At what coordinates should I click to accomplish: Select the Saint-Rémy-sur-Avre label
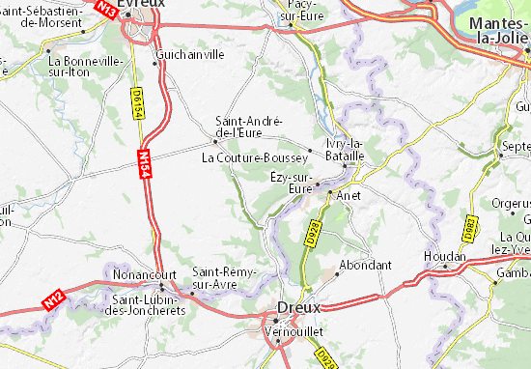point(225,278)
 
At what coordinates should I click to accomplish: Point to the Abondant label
point(367,265)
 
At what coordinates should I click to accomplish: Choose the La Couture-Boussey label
point(255,156)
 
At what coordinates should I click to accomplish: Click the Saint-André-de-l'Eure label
point(248,126)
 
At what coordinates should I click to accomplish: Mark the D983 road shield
point(470,227)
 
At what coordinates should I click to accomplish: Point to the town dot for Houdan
point(446,266)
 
